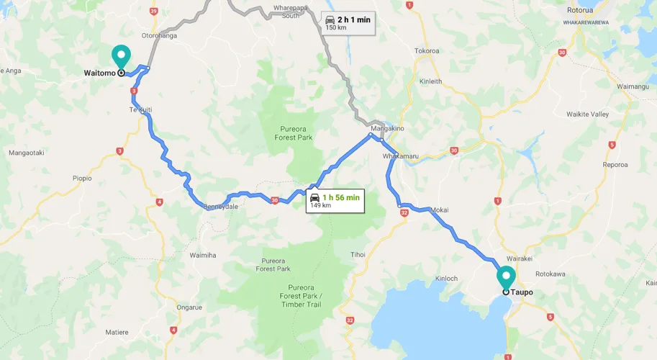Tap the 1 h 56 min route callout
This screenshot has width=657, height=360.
(335, 200)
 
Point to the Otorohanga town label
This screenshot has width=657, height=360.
(159, 35)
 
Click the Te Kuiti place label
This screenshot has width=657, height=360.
(140, 109)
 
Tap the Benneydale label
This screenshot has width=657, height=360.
(220, 206)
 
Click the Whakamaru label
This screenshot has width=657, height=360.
(399, 156)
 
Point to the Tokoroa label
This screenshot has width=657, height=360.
(427, 51)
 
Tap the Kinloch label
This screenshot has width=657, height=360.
(446, 278)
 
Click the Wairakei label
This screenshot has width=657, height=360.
(519, 257)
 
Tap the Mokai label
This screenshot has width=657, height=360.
(439, 210)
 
